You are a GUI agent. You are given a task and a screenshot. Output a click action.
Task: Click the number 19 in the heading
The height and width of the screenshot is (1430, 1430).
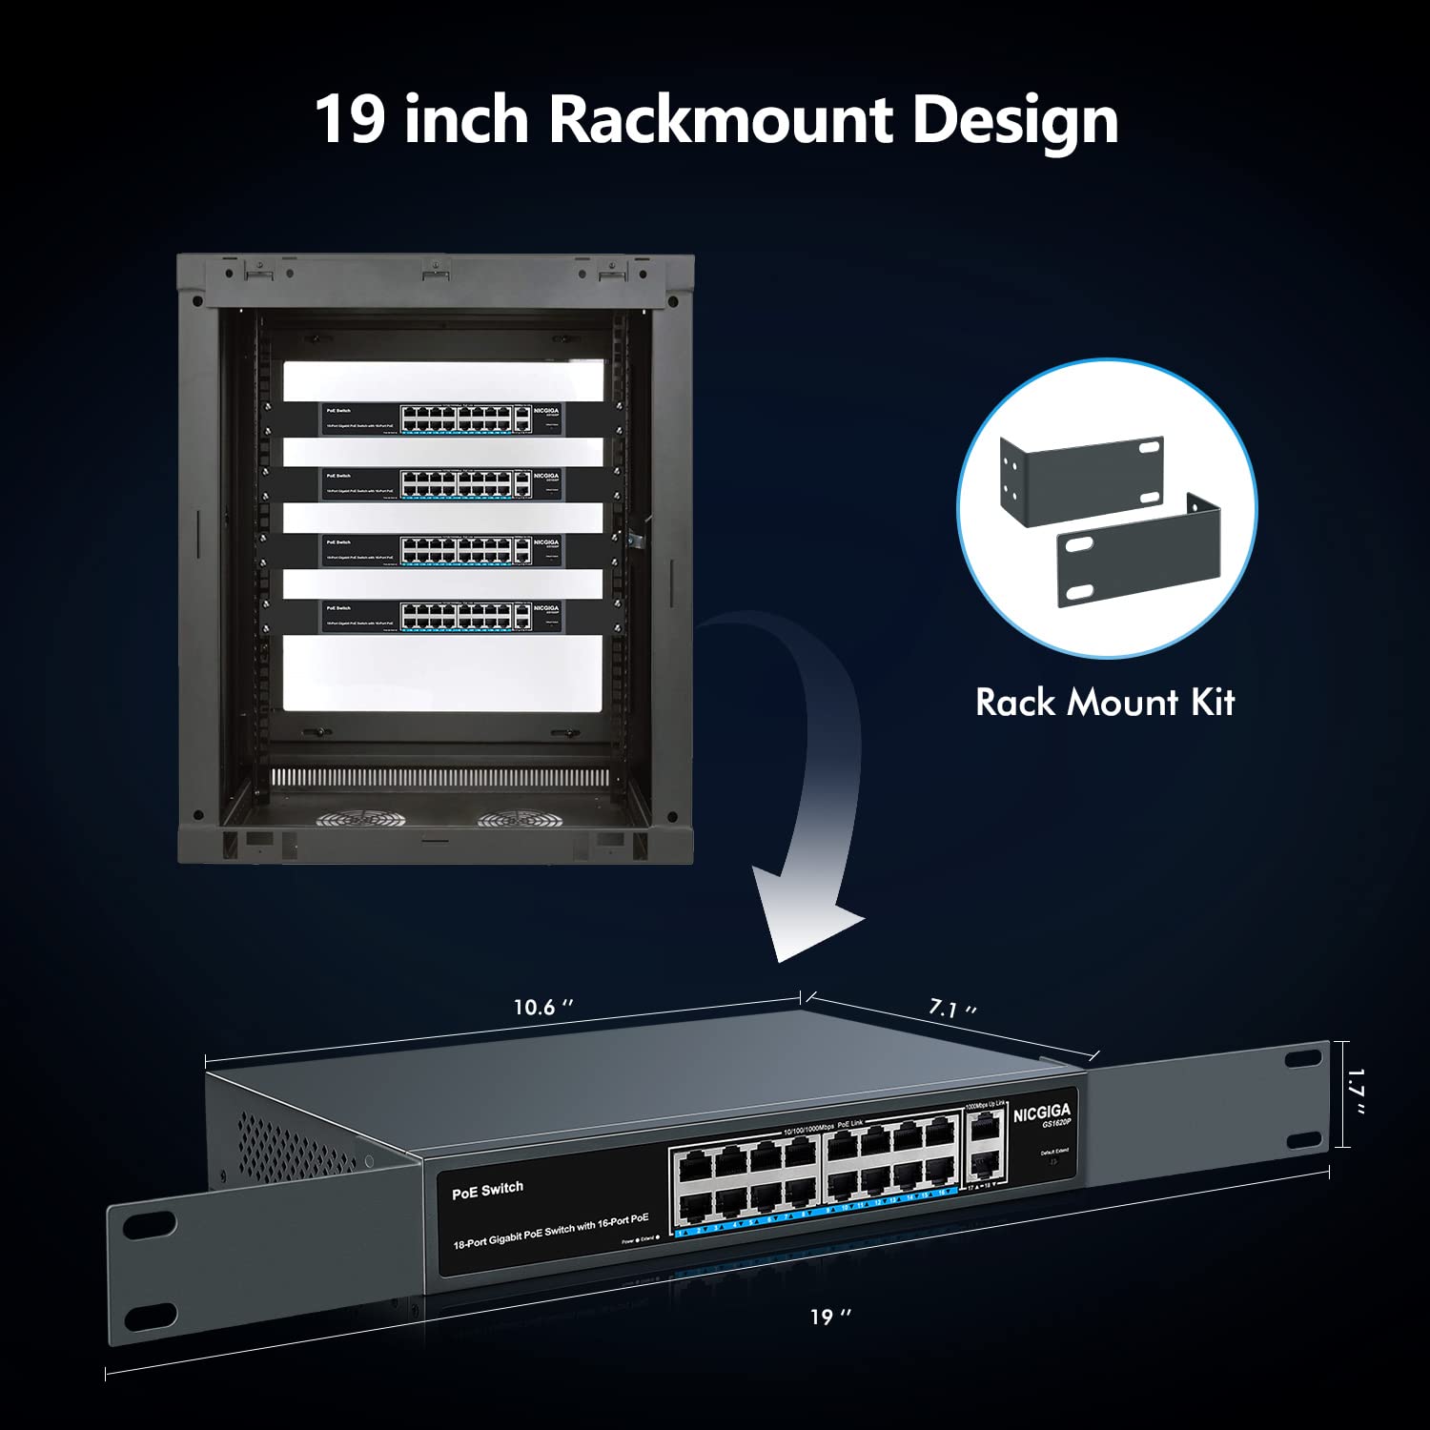[350, 120]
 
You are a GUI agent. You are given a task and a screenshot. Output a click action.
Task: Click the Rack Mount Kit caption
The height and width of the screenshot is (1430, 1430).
[1105, 703]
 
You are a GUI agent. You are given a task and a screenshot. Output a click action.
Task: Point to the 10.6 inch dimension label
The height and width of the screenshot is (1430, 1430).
[543, 1008]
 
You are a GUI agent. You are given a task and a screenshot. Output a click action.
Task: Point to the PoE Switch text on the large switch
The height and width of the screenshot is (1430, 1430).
[487, 1190]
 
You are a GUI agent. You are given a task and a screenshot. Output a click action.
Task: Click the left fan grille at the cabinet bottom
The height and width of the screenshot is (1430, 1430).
[360, 818]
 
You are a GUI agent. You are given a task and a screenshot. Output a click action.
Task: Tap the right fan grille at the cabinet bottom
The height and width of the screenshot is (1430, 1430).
[521, 818]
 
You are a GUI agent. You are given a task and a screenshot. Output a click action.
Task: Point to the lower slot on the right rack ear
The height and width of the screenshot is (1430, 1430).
[1302, 1141]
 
